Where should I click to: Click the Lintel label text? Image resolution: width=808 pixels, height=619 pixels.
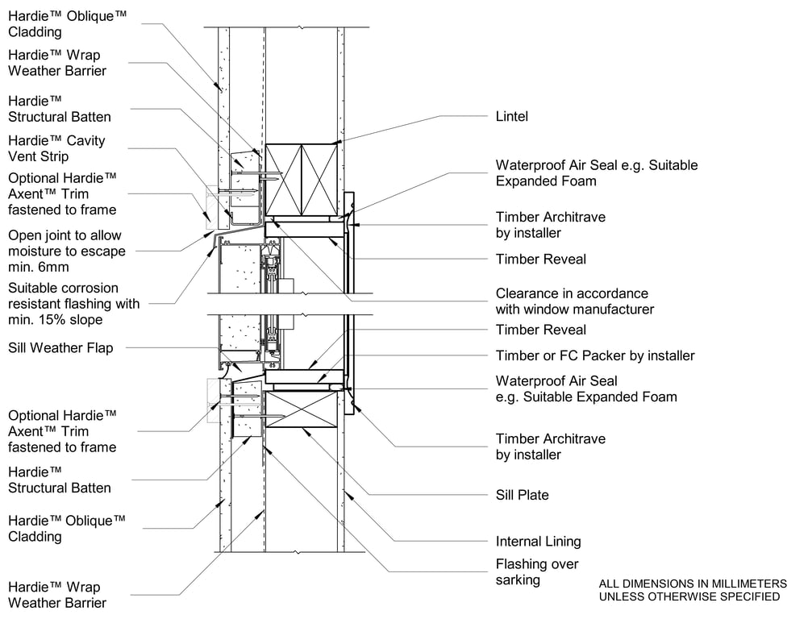click(x=511, y=117)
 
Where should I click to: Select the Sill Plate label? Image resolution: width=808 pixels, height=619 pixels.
click(x=522, y=495)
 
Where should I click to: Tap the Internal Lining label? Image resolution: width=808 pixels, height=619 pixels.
click(x=538, y=542)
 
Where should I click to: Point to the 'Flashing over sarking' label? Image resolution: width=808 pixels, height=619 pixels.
click(x=537, y=572)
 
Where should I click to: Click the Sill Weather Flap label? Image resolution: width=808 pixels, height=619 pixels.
click(x=61, y=348)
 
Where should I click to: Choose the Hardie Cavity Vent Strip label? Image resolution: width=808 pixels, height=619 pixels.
click(x=56, y=148)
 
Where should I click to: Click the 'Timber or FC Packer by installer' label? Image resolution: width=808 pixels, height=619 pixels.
click(x=594, y=355)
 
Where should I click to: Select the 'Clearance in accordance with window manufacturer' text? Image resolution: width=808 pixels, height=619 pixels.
click(x=574, y=301)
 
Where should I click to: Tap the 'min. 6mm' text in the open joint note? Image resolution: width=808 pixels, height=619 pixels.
click(x=39, y=267)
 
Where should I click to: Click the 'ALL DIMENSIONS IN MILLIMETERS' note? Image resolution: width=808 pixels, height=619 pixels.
click(x=692, y=584)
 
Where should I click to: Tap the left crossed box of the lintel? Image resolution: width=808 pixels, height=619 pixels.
click(x=284, y=179)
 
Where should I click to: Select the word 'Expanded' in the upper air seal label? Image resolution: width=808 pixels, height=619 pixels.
click(x=524, y=181)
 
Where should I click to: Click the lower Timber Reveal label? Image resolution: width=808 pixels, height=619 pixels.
click(x=540, y=330)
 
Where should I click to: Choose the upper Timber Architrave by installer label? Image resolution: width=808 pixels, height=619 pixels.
click(x=550, y=225)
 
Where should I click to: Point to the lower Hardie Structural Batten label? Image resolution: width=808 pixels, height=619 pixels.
click(x=59, y=480)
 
